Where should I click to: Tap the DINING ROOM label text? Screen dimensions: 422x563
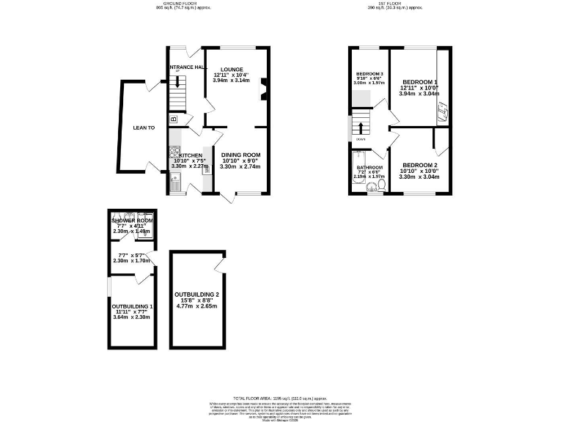(241, 155)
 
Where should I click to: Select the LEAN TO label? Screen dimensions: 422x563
(144, 127)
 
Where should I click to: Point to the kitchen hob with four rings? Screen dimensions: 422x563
(174, 153)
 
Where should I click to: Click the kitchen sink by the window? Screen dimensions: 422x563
(174, 181)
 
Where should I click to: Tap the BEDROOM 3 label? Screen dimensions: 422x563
(369, 74)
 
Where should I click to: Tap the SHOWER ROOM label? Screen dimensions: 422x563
(132, 221)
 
